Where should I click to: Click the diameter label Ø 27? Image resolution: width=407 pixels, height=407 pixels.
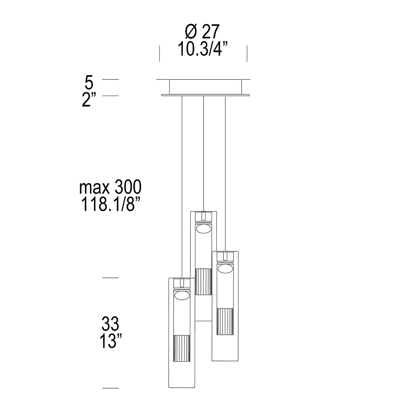(x=202, y=32)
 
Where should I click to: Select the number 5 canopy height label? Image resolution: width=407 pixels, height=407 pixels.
(x=89, y=83)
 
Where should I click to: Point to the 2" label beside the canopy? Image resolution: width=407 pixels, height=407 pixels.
(x=89, y=100)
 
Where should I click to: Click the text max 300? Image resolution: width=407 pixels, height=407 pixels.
(x=110, y=187)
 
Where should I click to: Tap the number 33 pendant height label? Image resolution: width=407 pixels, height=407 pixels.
(x=110, y=330)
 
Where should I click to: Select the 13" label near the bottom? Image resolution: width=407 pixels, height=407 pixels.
(x=111, y=347)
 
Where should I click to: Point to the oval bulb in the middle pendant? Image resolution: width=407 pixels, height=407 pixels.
(x=203, y=229)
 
